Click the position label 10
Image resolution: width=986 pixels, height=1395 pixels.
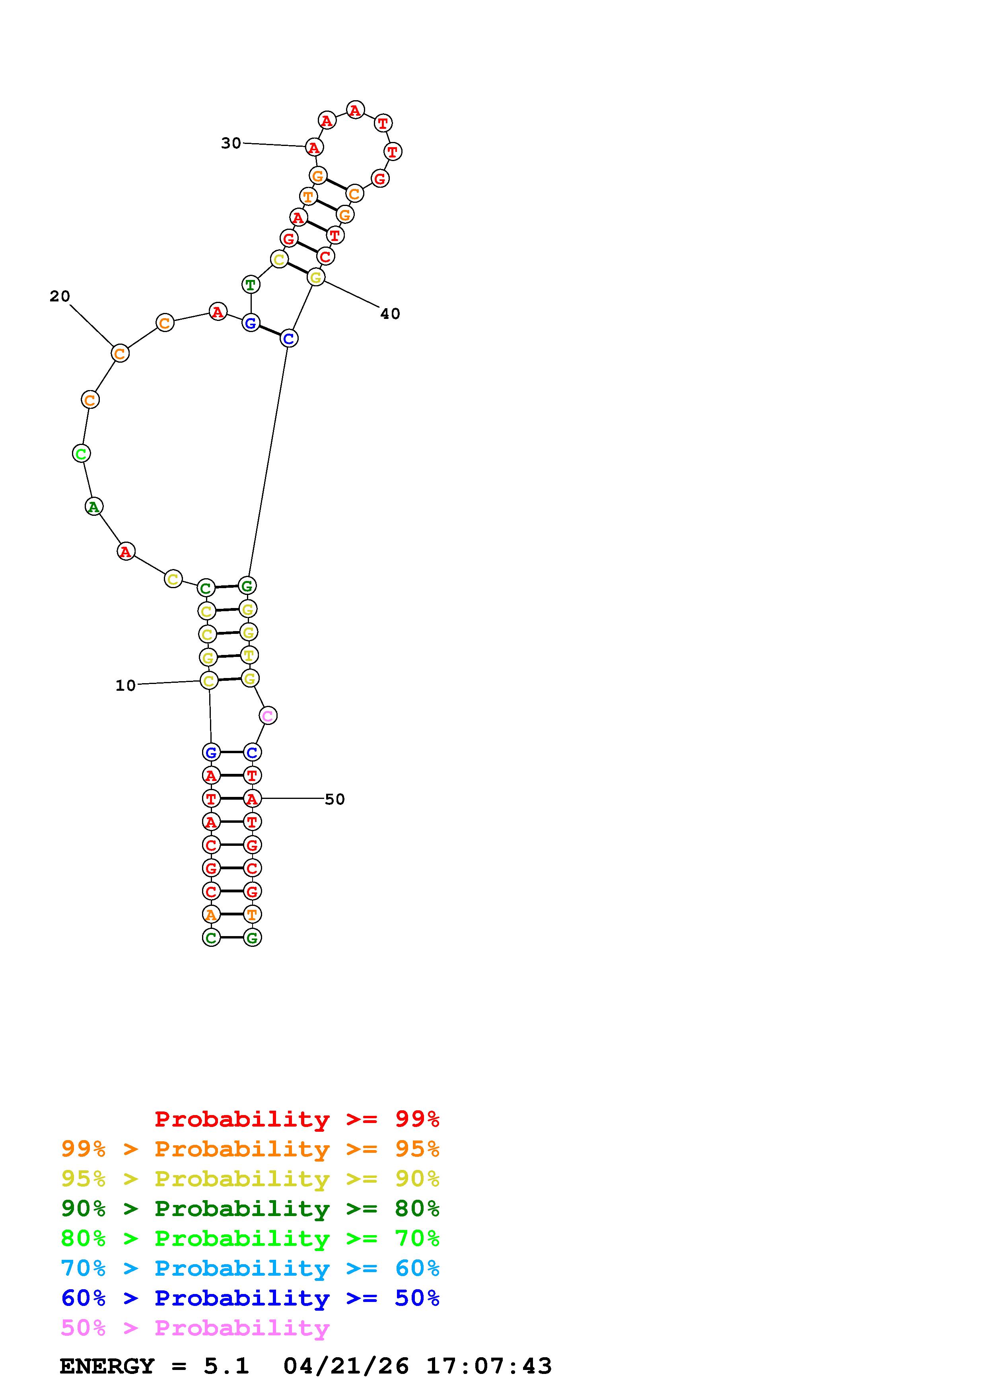(126, 685)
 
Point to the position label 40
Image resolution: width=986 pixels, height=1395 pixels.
(390, 313)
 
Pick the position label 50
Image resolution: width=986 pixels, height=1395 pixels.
(335, 799)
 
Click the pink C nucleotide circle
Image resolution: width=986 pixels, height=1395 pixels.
(268, 716)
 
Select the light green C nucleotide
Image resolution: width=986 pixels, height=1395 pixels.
(81, 453)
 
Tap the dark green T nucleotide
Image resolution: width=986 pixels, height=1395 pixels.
(250, 284)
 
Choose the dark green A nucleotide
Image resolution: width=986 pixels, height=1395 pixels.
(93, 506)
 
